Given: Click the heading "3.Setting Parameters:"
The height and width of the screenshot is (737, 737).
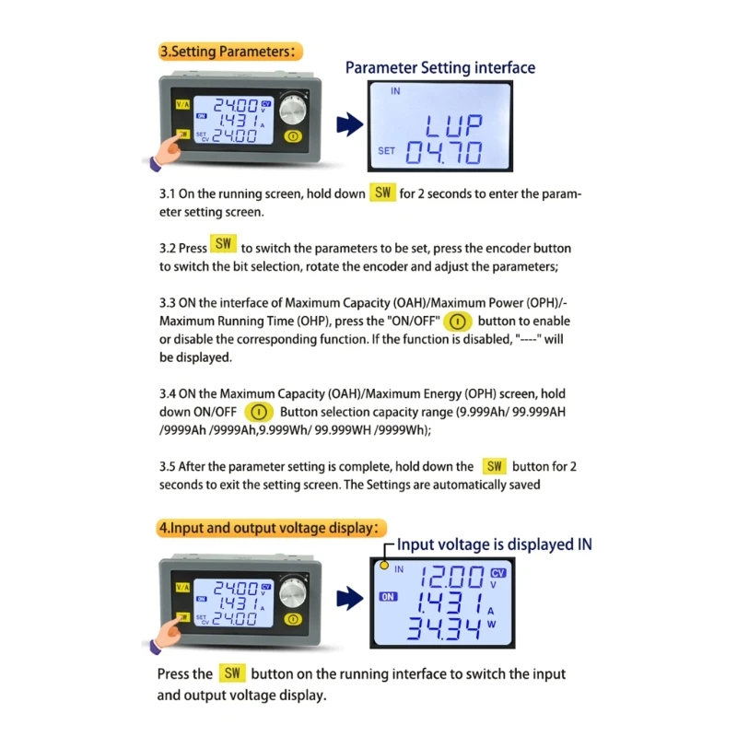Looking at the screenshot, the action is tap(229, 52).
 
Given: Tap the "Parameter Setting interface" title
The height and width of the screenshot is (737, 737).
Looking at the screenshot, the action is tap(440, 67).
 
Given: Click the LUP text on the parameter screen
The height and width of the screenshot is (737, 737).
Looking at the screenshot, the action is tap(453, 125).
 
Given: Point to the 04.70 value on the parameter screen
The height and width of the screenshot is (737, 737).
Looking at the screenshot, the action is tap(444, 152).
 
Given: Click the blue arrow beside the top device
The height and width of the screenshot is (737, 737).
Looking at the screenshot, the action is tap(350, 124).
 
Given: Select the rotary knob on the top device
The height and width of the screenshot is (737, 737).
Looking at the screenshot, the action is tap(292, 109).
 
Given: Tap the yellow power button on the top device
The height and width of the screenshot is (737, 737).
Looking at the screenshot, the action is tap(293, 136).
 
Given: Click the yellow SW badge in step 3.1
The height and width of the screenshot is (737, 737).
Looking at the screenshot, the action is tap(382, 193).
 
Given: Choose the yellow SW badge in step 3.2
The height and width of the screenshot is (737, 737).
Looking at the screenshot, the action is tap(223, 243).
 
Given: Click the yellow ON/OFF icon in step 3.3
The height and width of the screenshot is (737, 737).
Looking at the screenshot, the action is tap(457, 322).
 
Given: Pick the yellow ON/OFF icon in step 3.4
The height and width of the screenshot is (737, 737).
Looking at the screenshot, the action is tap(259, 412).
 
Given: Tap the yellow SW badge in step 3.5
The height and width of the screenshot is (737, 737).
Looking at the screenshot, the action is tap(495, 466).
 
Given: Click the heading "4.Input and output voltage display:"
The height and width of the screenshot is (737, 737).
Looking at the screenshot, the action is tap(271, 528).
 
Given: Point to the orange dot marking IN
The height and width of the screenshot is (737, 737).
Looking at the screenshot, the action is tap(384, 566).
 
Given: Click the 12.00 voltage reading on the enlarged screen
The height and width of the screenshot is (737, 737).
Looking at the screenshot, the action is tap(452, 577).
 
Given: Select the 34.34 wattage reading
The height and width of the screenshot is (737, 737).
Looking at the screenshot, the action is tap(445, 628).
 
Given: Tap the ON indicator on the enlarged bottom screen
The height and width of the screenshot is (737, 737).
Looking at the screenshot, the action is tap(388, 597).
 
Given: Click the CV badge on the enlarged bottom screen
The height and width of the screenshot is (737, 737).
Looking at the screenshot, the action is tap(498, 573).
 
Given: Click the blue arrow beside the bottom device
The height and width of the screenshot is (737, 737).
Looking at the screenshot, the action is tap(350, 598).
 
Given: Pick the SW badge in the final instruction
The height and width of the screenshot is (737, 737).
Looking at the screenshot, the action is tap(232, 673).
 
